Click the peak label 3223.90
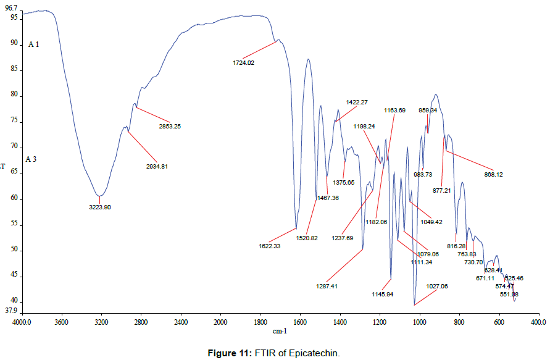[x=99, y=207]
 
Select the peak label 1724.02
[x=243, y=62]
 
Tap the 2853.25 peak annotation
[x=169, y=127]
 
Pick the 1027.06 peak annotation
[x=436, y=287]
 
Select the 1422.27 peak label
[x=357, y=102]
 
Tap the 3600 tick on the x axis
[x=62, y=322]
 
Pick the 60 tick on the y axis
[x=15, y=199]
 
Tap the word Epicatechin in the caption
[x=314, y=353]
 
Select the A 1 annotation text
[x=33, y=45]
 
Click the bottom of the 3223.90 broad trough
[x=99, y=196]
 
